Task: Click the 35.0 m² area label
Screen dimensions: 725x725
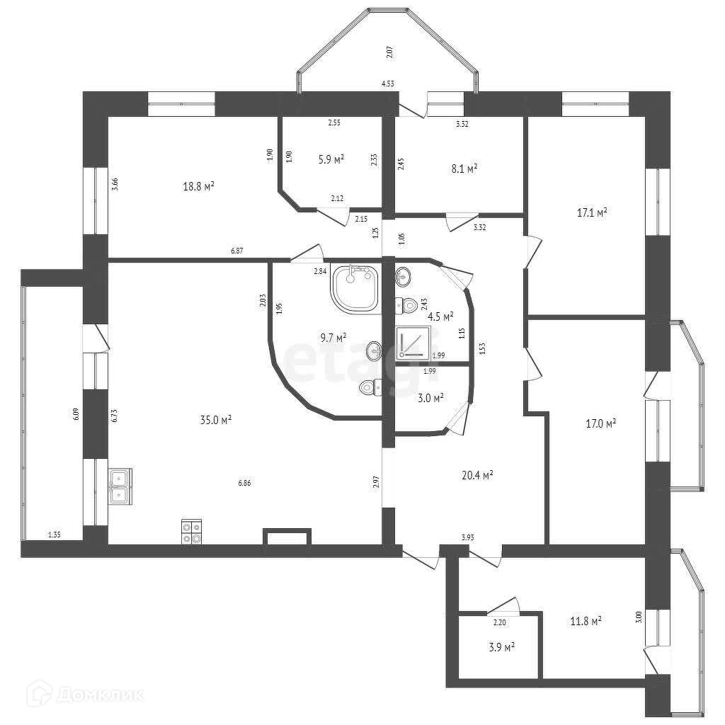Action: [x=216, y=420]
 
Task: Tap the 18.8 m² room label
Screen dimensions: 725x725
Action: [x=199, y=186]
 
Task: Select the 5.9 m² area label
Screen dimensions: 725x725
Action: [x=331, y=159]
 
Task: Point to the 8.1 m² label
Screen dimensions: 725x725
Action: [x=464, y=169]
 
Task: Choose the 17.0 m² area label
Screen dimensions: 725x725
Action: [x=600, y=423]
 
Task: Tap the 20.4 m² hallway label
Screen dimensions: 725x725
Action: [x=477, y=475]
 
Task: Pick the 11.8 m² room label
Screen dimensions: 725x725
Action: [x=586, y=621]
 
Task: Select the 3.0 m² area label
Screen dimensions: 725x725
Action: [x=430, y=398]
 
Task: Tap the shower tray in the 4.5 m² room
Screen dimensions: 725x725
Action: [x=411, y=343]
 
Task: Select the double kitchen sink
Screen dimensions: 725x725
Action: [x=120, y=487]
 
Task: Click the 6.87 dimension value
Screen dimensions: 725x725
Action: [x=238, y=251]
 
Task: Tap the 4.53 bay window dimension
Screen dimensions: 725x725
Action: [x=388, y=84]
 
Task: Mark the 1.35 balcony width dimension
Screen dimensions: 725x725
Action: [x=54, y=535]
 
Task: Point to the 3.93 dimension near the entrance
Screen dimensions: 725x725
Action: [x=467, y=538]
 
